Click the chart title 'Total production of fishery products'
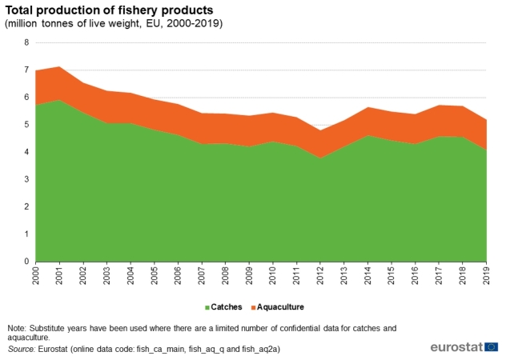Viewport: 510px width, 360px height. (x=108, y=10)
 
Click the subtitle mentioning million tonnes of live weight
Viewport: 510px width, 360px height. (x=113, y=23)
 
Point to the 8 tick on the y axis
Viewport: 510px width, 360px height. (x=26, y=42)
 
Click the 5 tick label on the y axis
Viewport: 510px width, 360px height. (x=26, y=125)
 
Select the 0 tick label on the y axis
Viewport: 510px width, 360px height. (x=26, y=262)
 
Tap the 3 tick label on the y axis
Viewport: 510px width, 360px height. (x=26, y=179)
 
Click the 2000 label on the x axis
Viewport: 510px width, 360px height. (x=37, y=275)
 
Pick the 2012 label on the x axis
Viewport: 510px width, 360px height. (x=321, y=275)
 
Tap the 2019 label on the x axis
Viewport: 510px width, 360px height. (x=487, y=275)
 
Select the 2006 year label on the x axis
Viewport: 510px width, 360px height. (x=179, y=275)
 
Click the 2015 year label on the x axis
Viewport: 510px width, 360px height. (x=392, y=275)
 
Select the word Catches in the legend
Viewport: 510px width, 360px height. (x=227, y=307)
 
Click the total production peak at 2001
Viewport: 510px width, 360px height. (x=60, y=66)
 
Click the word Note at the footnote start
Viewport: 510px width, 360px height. (x=17, y=328)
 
